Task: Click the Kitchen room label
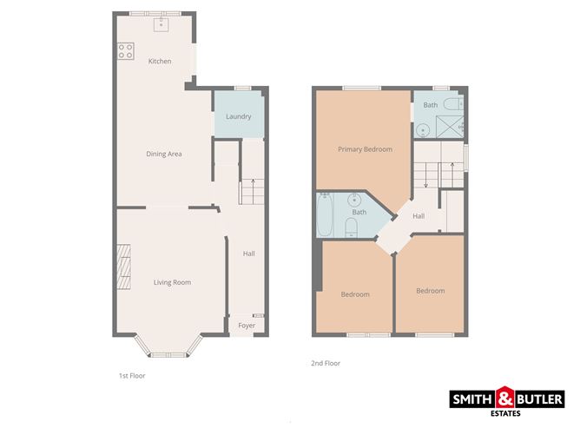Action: tap(159, 62)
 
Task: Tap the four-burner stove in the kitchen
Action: tap(127, 51)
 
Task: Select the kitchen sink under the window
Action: tap(161, 25)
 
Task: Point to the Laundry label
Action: tap(238, 117)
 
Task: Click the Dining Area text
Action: tap(163, 155)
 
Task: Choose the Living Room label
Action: tap(172, 282)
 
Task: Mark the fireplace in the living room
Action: tap(123, 269)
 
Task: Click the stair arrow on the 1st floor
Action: tap(253, 186)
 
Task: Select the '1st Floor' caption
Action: tap(132, 376)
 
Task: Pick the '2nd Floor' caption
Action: tap(326, 364)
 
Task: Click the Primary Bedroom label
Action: tap(365, 149)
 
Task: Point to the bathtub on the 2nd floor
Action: tap(325, 218)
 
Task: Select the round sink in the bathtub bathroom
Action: tap(358, 198)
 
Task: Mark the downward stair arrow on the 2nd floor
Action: tap(425, 179)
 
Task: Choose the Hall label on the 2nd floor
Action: tap(419, 216)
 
